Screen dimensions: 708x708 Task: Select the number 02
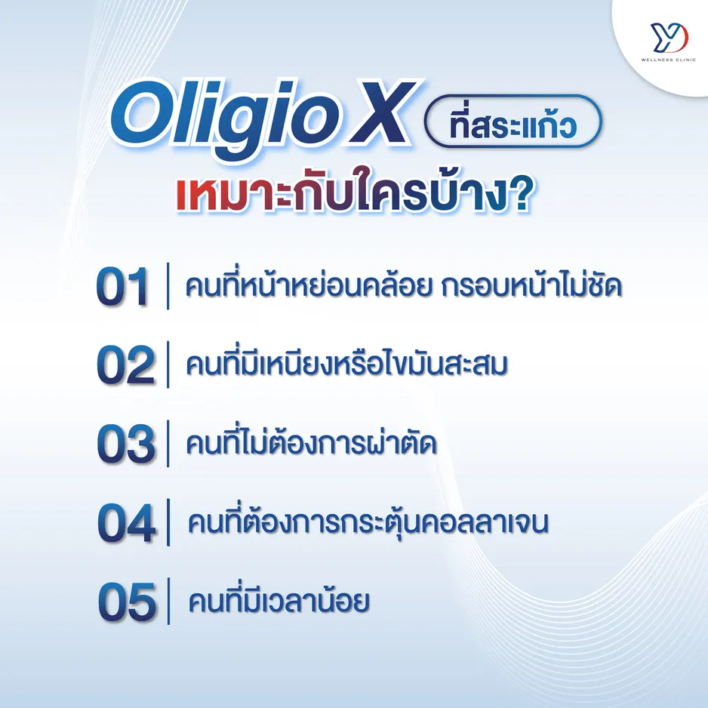[125, 365]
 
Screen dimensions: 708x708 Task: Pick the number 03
[125, 445]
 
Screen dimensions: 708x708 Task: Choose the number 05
[126, 602]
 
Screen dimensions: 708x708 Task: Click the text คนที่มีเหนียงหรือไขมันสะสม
[346, 365]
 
